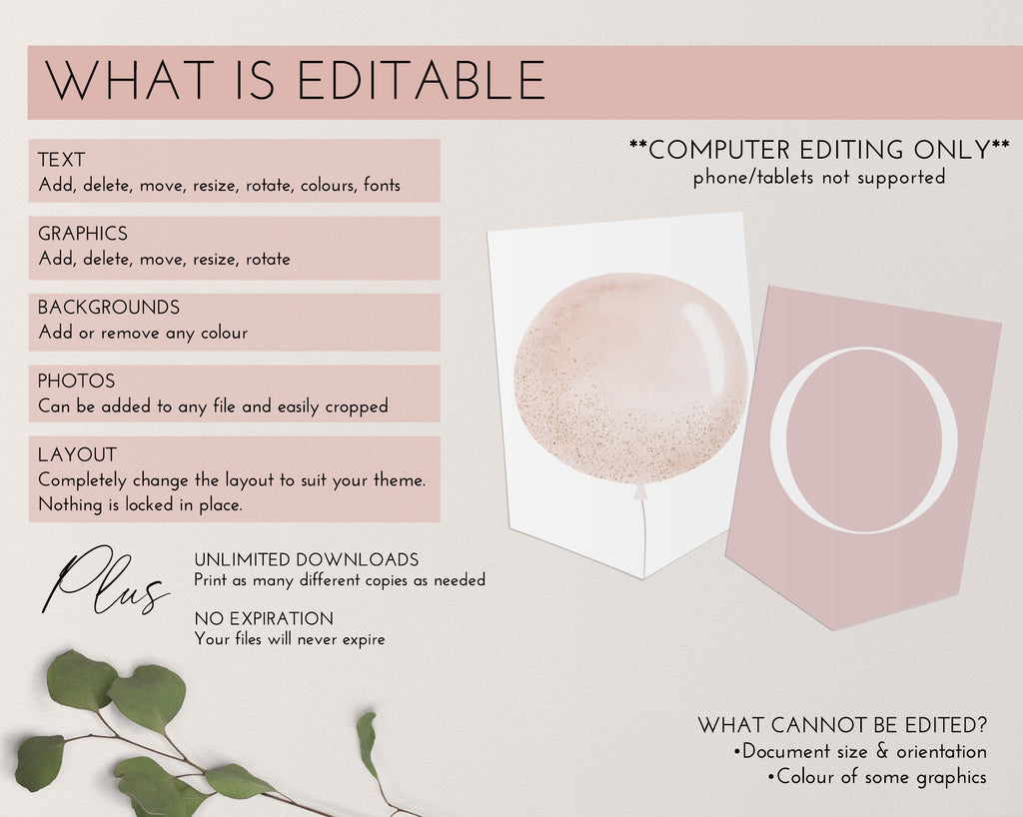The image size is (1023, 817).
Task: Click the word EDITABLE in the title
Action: (421, 81)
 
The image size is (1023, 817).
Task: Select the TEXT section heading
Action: (61, 160)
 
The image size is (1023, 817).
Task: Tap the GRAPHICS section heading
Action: (83, 234)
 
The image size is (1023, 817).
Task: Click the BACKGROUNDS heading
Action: (109, 307)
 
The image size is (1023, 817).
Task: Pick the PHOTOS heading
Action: (76, 381)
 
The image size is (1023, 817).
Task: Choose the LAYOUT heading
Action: (78, 454)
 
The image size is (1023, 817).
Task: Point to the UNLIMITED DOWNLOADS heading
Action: (307, 560)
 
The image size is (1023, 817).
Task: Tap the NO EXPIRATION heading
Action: (264, 619)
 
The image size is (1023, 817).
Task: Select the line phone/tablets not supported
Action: (819, 178)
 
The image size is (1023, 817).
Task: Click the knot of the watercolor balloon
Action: (641, 491)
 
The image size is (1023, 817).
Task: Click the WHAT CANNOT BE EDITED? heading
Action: (842, 725)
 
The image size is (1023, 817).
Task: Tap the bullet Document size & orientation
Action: (860, 751)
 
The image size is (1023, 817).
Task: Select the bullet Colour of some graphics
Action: (877, 777)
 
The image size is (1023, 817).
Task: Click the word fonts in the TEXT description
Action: (383, 185)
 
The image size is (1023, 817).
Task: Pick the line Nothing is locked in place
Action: (140, 504)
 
